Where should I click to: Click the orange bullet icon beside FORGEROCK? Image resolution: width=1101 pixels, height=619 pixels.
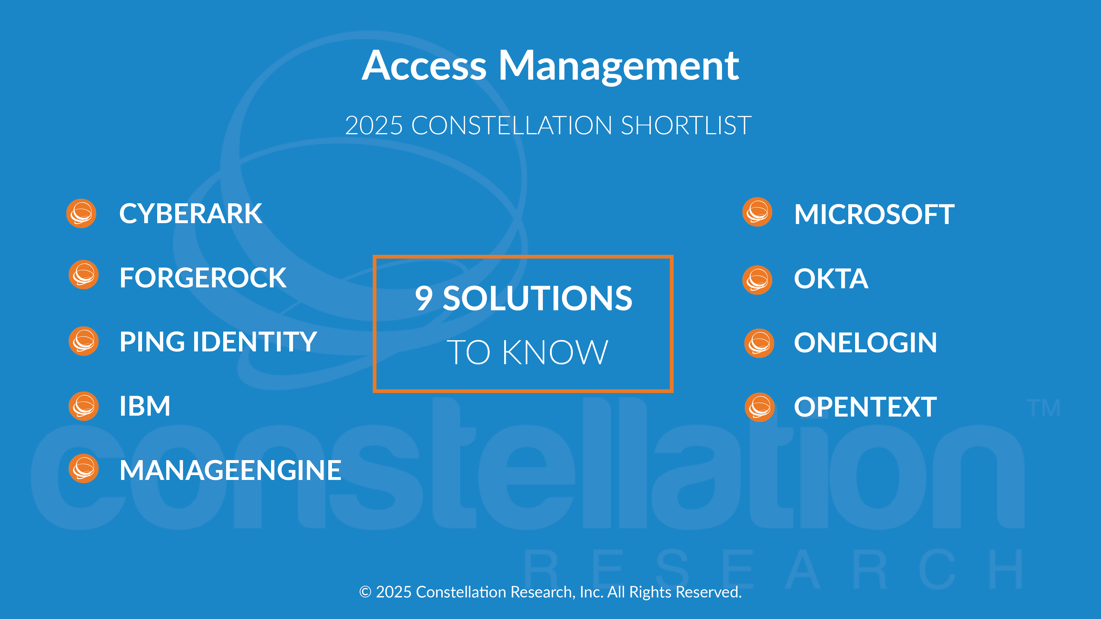tap(84, 275)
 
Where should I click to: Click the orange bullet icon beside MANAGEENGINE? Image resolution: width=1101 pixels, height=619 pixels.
tap(84, 469)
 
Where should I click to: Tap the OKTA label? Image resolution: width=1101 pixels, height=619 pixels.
tap(831, 279)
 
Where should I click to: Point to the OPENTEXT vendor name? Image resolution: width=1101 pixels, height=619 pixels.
tap(865, 407)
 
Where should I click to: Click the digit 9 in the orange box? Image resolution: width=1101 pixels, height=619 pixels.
tap(424, 298)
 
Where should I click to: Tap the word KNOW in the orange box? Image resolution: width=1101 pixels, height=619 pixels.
tap(555, 353)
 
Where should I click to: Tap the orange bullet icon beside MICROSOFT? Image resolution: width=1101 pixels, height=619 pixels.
tap(757, 212)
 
